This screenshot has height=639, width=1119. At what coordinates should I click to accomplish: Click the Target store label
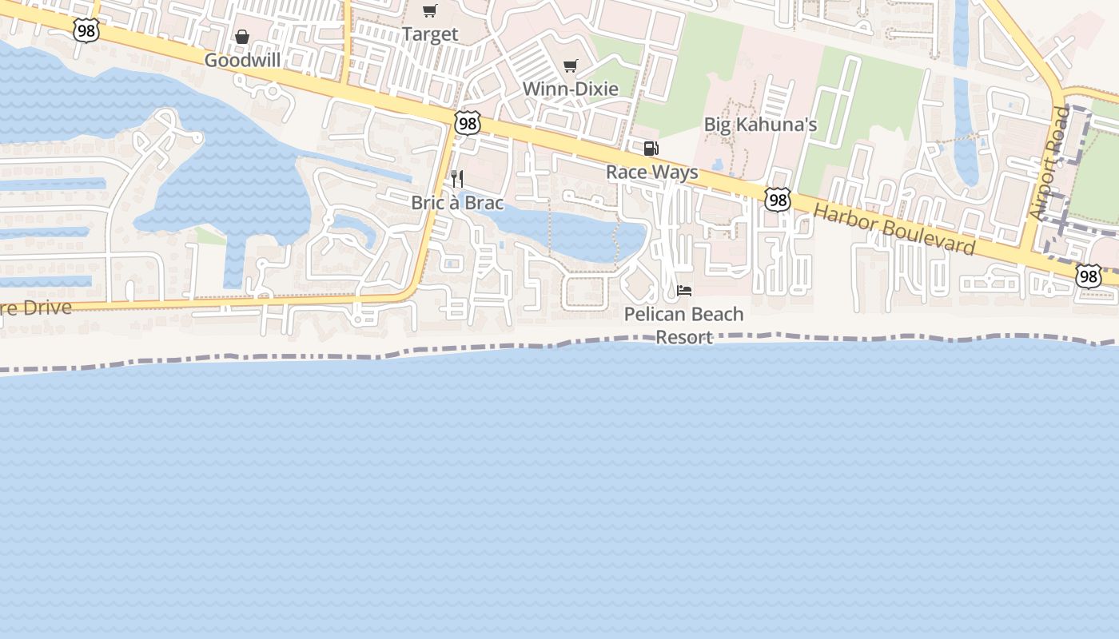[x=430, y=34]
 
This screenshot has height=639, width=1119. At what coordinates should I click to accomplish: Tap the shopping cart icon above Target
[x=430, y=10]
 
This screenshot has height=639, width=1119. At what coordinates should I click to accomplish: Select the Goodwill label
[x=242, y=61]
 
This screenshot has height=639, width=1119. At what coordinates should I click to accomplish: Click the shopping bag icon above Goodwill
[x=242, y=37]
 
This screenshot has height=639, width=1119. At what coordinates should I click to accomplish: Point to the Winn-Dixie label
[x=570, y=89]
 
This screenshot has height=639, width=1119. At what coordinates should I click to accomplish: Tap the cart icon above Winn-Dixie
[x=570, y=65]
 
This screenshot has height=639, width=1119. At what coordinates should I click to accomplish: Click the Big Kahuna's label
[x=760, y=125]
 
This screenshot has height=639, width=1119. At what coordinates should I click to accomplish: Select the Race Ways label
[x=651, y=172]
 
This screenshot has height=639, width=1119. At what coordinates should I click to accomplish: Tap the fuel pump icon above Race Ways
[x=651, y=148]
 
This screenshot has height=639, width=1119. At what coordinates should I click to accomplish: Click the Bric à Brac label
[x=457, y=203]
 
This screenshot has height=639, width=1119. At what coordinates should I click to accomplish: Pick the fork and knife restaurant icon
[x=457, y=178]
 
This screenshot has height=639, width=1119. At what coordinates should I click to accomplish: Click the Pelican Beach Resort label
[x=683, y=325]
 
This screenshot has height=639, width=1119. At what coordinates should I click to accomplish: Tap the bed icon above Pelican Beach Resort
[x=684, y=290]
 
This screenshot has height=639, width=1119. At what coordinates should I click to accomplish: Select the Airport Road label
[x=1049, y=163]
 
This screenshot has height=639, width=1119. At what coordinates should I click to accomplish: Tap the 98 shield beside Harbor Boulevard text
[x=777, y=200]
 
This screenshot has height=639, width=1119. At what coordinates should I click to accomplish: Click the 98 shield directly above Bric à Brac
[x=467, y=123]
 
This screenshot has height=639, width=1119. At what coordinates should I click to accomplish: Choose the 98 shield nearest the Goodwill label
[x=85, y=30]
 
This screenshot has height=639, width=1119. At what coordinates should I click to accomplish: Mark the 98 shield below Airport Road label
[x=1088, y=276]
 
